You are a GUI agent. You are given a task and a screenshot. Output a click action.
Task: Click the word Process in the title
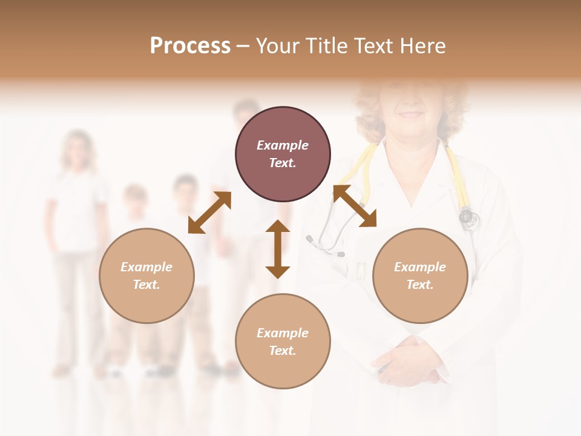point(190,46)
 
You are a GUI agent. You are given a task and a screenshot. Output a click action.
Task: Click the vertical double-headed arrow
point(278,249)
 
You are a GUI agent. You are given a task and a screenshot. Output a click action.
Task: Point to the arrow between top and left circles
point(209,213)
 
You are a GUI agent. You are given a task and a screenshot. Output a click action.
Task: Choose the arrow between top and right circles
point(355,206)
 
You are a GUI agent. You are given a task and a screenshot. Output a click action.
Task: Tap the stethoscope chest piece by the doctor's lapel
point(468,217)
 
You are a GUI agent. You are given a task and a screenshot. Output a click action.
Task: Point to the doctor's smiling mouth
point(411,114)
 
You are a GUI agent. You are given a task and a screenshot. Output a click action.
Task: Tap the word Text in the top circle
point(282,163)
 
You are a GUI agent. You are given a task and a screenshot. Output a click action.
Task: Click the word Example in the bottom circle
point(283,332)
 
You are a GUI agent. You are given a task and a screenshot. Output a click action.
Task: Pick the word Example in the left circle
point(146,266)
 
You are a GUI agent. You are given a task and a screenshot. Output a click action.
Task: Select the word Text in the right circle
point(420,285)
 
